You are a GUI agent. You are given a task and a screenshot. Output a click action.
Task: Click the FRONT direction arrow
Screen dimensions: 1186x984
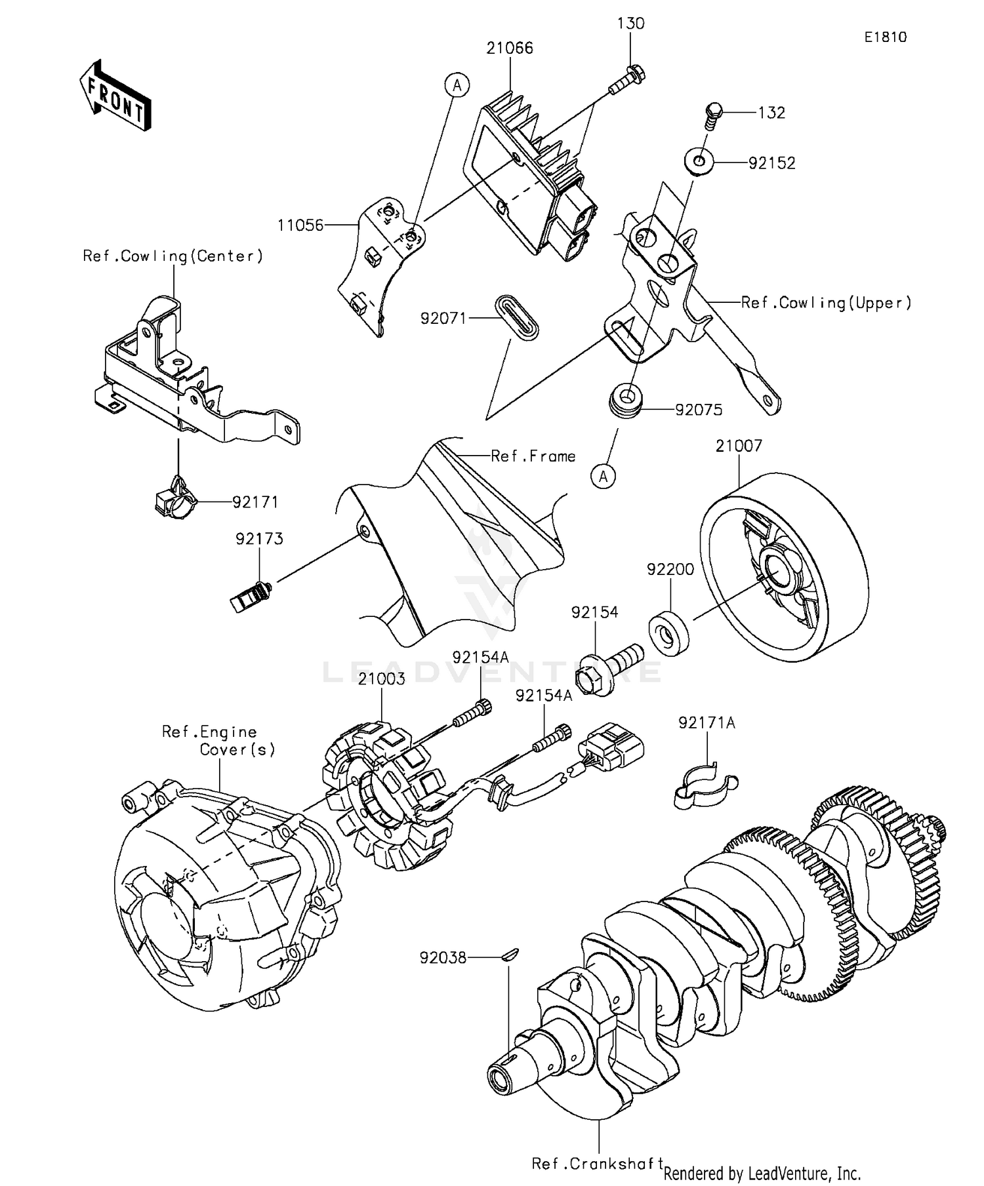pos(115,96)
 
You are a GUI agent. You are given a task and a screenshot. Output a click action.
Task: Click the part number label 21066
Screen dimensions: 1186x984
pos(510,48)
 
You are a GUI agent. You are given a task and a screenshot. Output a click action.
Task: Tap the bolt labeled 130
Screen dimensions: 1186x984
pos(628,79)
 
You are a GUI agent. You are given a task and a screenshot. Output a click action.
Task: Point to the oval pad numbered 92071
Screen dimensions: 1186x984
pos(516,317)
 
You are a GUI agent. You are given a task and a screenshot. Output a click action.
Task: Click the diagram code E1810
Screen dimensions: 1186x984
pos(885,37)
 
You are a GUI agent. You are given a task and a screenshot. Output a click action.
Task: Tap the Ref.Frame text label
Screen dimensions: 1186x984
pos(533,456)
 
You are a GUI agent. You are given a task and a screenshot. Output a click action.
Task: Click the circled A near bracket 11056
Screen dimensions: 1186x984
pos(457,85)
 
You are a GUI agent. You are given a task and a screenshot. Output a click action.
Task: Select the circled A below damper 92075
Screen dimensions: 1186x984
pos(604,477)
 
